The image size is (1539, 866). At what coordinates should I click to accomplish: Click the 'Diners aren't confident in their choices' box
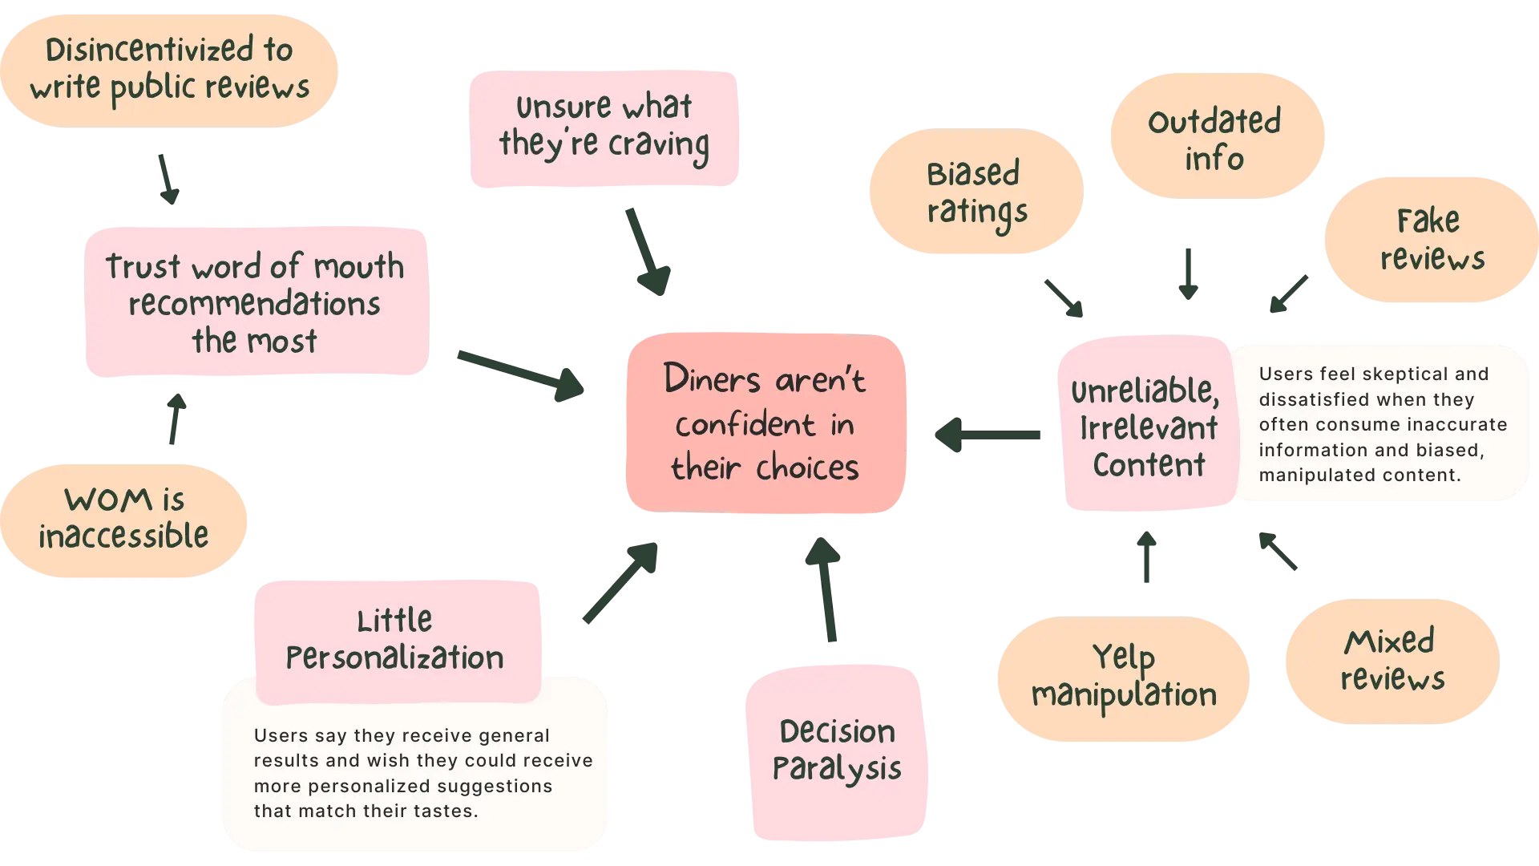[x=765, y=423]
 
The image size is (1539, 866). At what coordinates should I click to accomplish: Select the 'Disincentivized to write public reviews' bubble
[x=169, y=70]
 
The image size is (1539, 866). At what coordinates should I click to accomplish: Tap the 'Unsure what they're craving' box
[x=605, y=128]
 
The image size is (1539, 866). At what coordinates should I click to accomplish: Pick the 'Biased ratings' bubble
[x=976, y=192]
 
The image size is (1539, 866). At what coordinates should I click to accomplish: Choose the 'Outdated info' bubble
[x=1216, y=136]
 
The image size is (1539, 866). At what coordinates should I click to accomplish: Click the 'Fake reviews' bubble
[x=1431, y=239]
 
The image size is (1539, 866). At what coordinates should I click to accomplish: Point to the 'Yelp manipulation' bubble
[x=1123, y=678]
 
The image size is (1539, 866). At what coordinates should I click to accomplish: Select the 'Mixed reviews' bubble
[x=1392, y=660]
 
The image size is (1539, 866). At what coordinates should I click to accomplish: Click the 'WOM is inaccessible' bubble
[x=124, y=519]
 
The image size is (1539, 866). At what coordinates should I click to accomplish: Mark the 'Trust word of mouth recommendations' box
[x=256, y=302]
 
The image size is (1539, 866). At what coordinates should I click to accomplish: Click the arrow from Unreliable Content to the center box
[x=988, y=436]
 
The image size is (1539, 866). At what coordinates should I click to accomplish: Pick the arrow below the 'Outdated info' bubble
[x=1186, y=273]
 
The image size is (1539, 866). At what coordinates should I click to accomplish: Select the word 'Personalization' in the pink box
[x=395, y=658]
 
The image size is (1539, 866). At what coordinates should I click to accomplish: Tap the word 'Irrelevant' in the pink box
[x=1149, y=428]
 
